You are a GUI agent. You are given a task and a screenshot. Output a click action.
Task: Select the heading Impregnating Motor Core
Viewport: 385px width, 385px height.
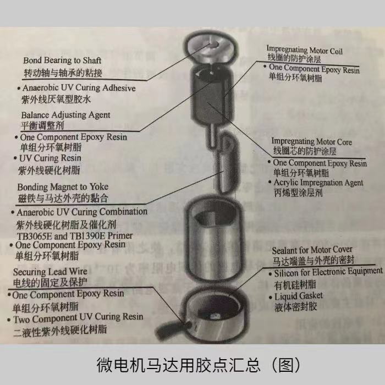click(x=311, y=141)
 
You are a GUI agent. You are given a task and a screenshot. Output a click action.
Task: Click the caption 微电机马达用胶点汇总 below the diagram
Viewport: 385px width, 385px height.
click(x=192, y=364)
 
